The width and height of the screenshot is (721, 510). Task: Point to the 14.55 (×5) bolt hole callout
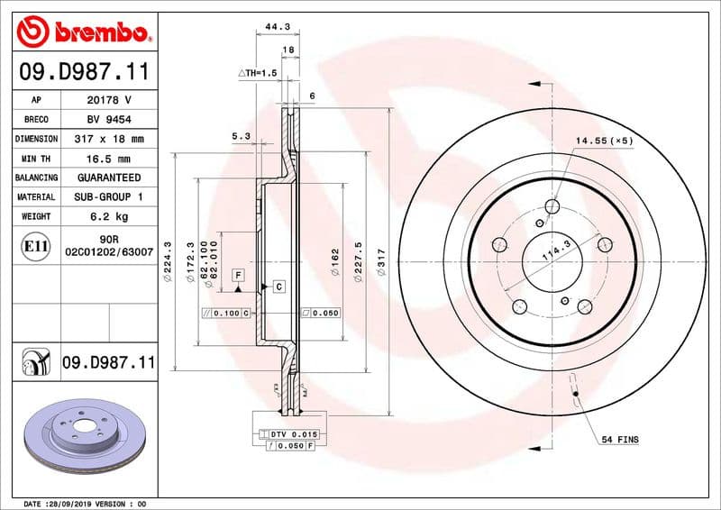605,141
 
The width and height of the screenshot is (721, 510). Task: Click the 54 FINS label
619,439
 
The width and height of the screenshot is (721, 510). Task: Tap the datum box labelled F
238,274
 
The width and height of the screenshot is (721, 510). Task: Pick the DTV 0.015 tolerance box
288,434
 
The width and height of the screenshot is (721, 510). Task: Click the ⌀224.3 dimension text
168,266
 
